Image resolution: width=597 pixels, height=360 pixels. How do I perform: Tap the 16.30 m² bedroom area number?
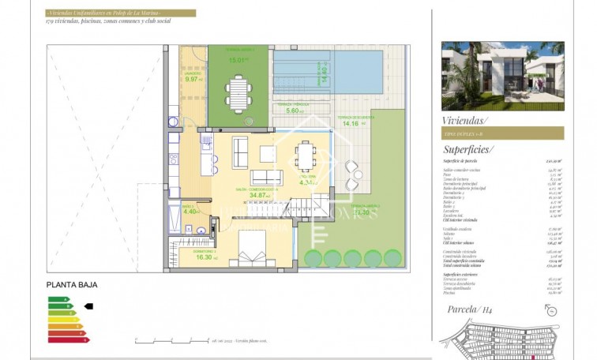[x=203, y=257]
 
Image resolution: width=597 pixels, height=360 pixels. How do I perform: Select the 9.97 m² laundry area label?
[x=193, y=80]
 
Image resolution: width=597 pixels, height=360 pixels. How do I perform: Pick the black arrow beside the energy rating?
[x=88, y=306]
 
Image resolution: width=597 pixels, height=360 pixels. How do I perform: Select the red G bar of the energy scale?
[x=69, y=339]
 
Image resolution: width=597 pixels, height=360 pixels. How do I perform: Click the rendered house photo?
[x=502, y=76]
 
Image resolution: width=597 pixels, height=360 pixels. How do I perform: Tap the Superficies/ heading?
[x=468, y=148]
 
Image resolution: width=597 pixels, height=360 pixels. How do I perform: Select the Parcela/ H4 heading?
[x=471, y=309]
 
